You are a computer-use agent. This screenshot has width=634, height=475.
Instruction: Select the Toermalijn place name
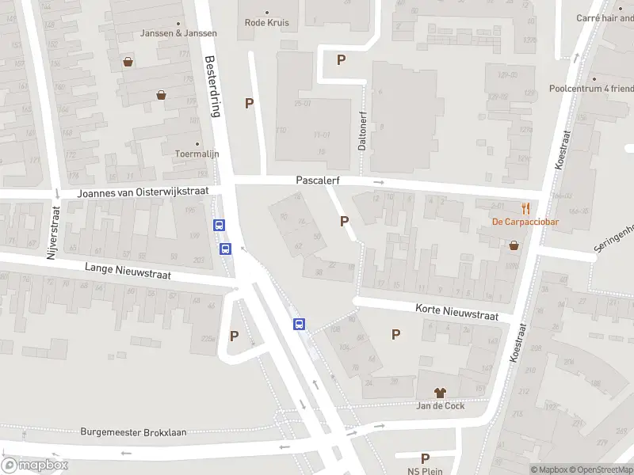click(x=197, y=154)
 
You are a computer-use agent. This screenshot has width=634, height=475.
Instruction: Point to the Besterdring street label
click(x=212, y=85)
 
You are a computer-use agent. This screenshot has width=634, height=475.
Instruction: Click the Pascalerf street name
click(x=318, y=180)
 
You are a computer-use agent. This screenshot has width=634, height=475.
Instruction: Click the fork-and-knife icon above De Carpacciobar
click(x=525, y=208)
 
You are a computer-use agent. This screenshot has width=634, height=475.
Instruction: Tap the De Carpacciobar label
click(x=525, y=222)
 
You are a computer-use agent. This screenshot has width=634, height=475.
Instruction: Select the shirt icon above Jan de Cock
click(x=441, y=392)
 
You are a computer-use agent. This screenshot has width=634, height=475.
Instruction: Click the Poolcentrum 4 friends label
click(x=590, y=89)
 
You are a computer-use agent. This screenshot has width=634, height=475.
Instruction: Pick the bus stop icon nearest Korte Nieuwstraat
click(x=300, y=324)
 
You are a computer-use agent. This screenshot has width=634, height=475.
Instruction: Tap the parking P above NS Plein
click(x=425, y=458)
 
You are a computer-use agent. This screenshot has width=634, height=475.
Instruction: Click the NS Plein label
click(x=425, y=470)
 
